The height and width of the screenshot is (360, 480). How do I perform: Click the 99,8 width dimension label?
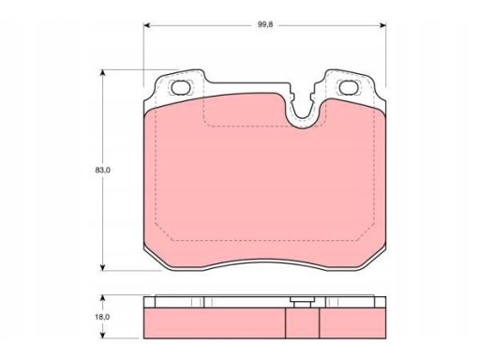coord(265,24)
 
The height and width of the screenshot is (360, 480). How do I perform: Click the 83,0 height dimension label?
coord(102,171)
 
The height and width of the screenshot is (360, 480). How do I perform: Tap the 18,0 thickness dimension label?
coord(102,317)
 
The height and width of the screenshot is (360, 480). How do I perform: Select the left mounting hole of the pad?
coord(181,87)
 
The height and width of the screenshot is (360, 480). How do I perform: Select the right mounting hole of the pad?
coord(349,87)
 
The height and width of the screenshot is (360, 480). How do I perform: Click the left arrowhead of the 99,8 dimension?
coord(147,25)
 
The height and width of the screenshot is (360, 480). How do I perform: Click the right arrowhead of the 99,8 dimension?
coord(382,25)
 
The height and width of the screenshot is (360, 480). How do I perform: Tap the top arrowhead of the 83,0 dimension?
coord(102,73)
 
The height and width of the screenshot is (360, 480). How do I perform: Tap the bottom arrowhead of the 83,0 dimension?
coord(102,267)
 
